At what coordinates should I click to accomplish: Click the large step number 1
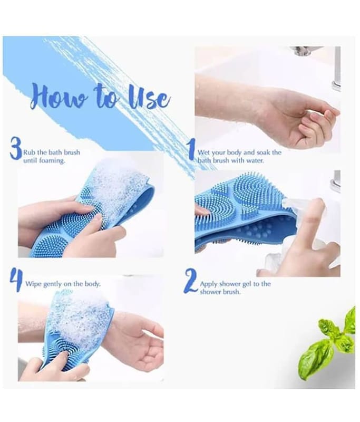pos(192,149)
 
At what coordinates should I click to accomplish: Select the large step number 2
pos(191,282)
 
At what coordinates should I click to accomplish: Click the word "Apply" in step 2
pos(209,284)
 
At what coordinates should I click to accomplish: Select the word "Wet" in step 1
pos(204,152)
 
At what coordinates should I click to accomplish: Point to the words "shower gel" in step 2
pos(236,284)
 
